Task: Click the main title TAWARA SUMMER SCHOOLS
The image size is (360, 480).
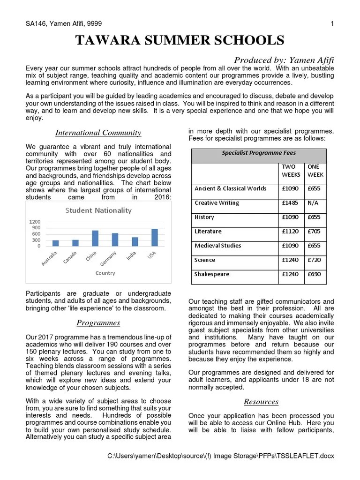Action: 180,40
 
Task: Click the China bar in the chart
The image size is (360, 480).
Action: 95,238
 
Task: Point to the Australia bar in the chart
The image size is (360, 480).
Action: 55,243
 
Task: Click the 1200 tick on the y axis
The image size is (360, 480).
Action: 35,222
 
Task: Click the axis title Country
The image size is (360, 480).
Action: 105,273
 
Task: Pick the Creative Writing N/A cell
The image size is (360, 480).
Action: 312,203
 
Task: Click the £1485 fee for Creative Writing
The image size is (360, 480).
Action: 290,203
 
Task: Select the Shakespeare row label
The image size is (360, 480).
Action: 212,274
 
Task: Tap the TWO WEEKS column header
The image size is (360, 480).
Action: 291,171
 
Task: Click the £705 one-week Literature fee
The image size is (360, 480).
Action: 314,232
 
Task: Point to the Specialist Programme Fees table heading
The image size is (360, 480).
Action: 258,153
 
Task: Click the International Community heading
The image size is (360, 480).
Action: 98,133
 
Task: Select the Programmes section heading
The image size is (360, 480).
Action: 98,322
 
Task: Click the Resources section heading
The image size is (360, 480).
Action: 261,401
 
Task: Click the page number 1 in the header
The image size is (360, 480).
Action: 332,23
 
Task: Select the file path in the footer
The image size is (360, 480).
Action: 220,456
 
